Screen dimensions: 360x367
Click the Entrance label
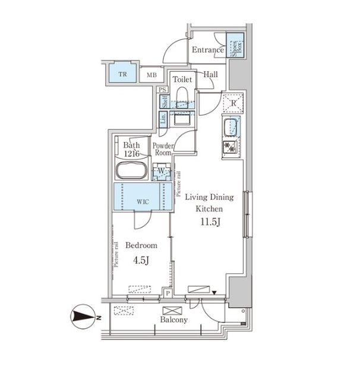(207, 50)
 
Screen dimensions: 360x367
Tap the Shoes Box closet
(235, 45)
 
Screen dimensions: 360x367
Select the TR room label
(122, 74)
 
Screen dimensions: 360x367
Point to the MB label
(151, 75)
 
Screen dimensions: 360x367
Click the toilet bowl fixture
(182, 98)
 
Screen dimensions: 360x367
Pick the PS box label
(162, 90)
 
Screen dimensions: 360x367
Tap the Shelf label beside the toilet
(165, 102)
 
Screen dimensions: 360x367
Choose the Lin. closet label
(163, 118)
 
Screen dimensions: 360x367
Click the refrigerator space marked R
(233, 103)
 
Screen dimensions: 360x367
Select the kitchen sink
(231, 127)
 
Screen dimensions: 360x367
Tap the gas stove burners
(230, 147)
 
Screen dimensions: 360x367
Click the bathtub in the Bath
(132, 170)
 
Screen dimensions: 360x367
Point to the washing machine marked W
(161, 172)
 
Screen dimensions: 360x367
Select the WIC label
(143, 201)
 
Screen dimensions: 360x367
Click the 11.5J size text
(210, 222)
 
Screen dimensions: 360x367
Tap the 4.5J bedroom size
(141, 260)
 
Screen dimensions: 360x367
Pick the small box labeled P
(168, 293)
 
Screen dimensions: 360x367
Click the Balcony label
(174, 319)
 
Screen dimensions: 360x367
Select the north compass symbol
(83, 317)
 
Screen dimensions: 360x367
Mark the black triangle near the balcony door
(214, 293)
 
